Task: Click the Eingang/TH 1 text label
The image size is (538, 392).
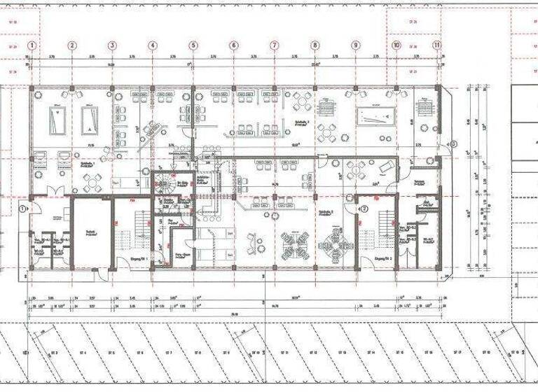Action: click(x=137, y=259)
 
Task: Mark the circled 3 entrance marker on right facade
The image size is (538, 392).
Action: click(x=453, y=144)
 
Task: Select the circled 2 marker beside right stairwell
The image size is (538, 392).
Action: click(x=364, y=208)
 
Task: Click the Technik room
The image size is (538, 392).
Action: click(x=91, y=234)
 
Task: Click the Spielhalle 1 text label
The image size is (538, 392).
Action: click(x=88, y=162)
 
